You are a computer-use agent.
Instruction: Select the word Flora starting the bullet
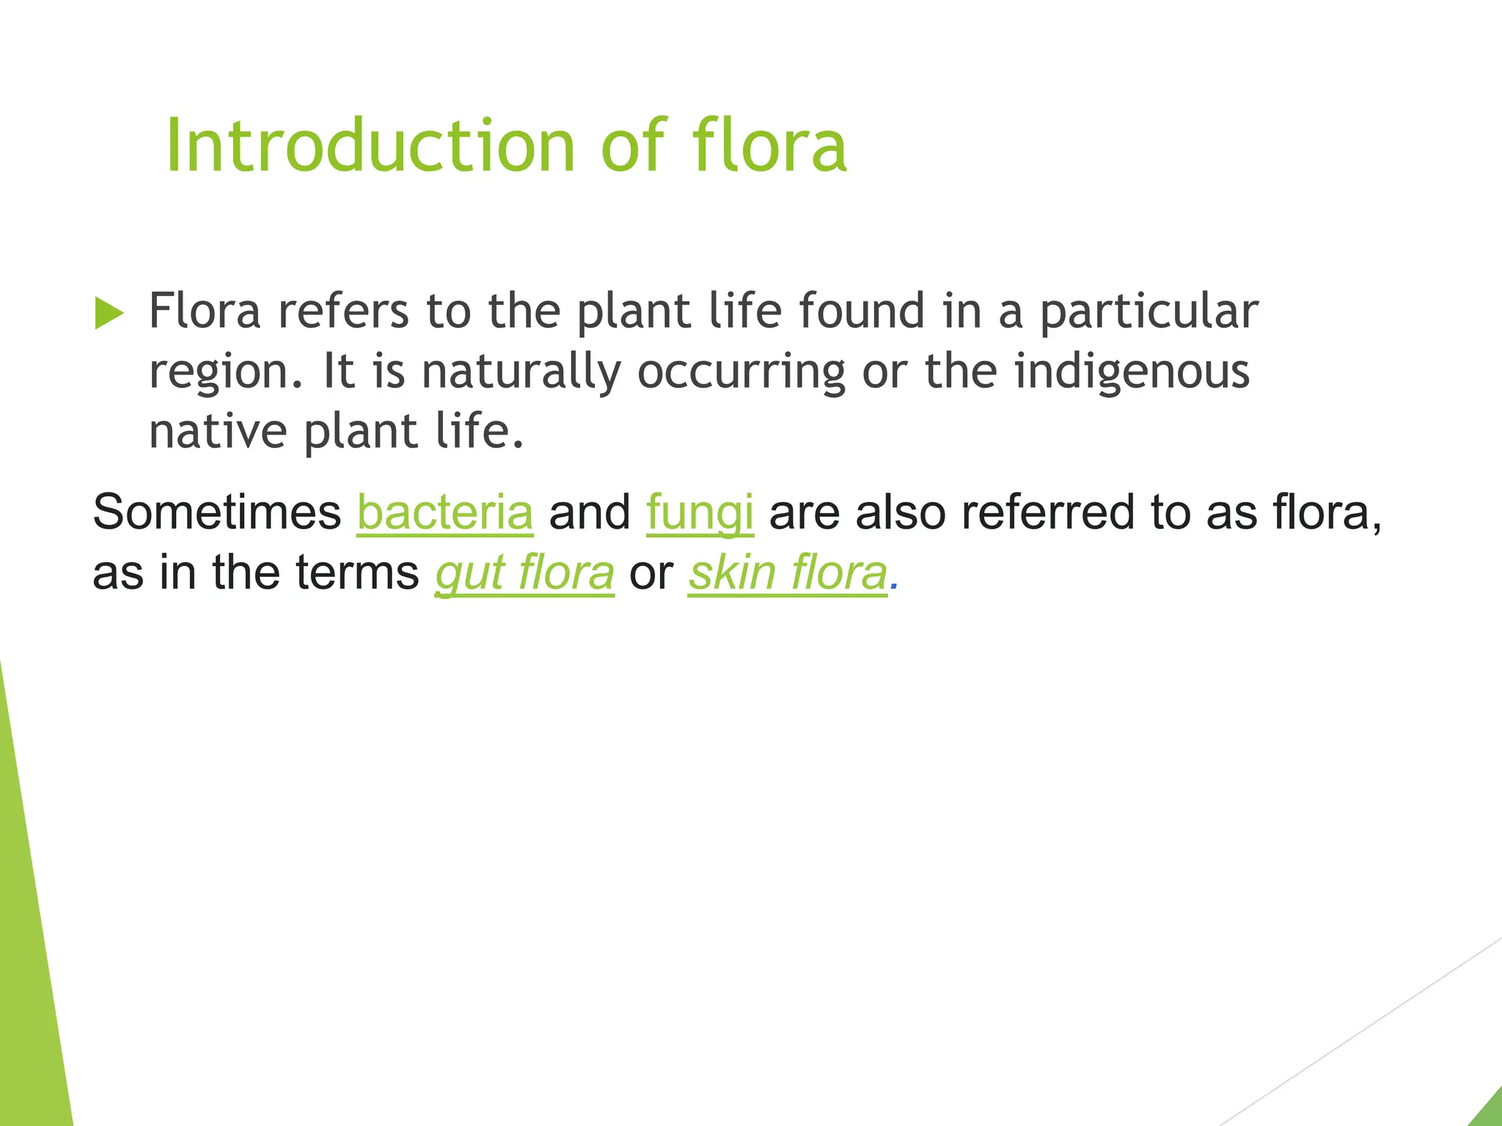205,311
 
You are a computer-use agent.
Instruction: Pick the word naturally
521,372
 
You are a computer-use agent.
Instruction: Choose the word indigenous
1132,372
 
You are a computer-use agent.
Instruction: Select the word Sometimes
217,512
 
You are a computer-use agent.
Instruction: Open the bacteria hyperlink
444,512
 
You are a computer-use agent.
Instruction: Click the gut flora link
524,573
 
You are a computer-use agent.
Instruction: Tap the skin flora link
788,573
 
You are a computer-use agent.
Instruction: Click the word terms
357,573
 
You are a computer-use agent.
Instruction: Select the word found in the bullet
861,311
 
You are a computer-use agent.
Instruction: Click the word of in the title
632,146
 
